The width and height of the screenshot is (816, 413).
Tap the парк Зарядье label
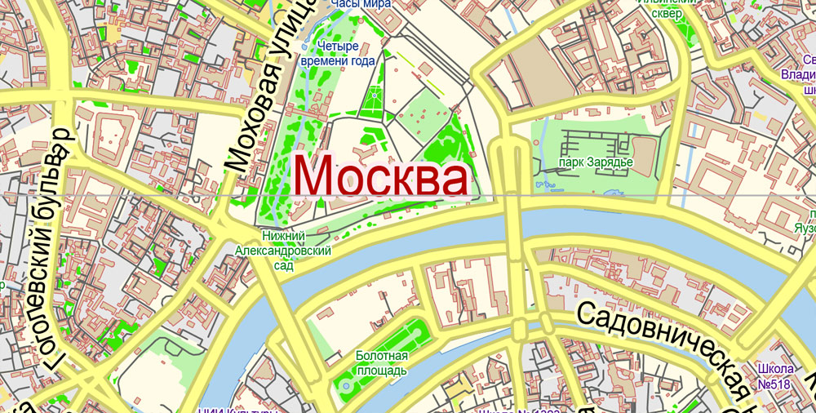click(x=596, y=162)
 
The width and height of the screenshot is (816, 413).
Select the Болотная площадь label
click(x=381, y=363)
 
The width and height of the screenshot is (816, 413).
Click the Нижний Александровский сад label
click(x=283, y=251)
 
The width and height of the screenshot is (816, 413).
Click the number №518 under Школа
click(x=776, y=384)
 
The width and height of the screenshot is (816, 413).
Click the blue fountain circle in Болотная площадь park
click(x=346, y=385)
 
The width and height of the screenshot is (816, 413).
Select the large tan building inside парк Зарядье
click(x=645, y=155)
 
